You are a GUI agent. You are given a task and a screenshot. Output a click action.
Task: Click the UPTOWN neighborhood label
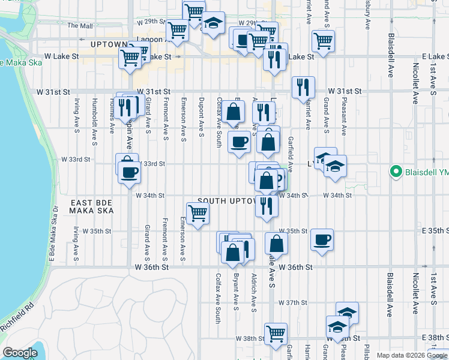[109, 44]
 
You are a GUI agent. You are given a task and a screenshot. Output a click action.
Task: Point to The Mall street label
[80, 26]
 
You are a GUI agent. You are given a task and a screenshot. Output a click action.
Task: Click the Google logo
[20, 353]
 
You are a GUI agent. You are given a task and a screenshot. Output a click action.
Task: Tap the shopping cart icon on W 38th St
[276, 333]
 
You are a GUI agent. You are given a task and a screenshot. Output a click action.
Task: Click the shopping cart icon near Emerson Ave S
[197, 213]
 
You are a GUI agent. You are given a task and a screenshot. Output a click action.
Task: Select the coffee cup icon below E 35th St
[322, 241]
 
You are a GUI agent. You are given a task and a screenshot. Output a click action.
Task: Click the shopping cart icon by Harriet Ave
[323, 41]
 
